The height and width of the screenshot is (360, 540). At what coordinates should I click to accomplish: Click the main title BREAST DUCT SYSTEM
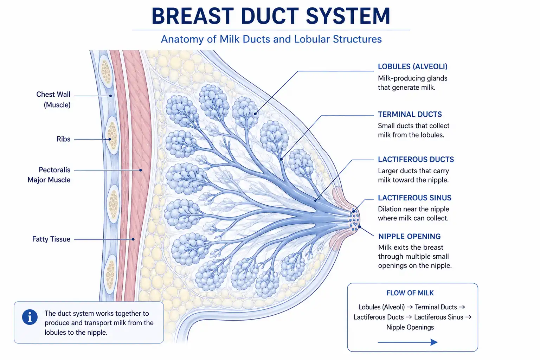click(271, 16)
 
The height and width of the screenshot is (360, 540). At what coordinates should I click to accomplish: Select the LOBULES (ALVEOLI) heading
click(412, 66)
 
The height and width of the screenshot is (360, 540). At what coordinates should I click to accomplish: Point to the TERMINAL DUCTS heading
click(410, 114)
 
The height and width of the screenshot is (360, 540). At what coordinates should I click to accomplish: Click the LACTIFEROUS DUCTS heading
click(416, 159)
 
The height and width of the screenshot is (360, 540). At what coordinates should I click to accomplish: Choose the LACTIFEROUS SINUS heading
click(414, 198)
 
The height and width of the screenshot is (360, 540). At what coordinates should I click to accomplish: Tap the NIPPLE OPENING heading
click(409, 236)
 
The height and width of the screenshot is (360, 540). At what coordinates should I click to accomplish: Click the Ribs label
click(63, 139)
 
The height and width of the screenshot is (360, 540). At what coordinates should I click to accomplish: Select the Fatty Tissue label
click(51, 239)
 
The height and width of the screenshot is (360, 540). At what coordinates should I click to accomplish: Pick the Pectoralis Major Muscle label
click(49, 175)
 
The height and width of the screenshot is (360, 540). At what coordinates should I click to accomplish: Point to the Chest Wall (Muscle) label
click(53, 99)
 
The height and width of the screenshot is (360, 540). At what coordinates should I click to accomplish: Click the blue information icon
click(30, 317)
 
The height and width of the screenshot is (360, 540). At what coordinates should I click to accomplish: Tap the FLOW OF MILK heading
click(410, 293)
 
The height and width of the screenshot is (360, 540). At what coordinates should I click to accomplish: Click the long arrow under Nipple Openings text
click(408, 342)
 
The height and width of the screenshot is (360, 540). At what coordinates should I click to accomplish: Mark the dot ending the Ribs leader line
click(110, 139)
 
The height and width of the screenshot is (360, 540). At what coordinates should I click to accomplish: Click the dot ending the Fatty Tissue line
click(133, 239)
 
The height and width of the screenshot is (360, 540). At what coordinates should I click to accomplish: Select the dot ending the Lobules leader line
click(255, 114)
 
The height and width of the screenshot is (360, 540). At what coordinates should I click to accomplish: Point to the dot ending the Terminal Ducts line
click(281, 159)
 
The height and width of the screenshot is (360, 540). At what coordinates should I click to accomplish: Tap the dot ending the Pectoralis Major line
click(141, 170)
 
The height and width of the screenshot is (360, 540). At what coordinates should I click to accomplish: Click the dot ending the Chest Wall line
click(110, 96)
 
